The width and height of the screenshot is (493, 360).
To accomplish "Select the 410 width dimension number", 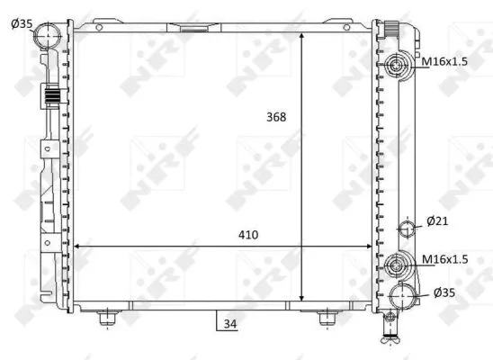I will (248, 235).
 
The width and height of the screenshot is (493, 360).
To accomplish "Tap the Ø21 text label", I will (437, 221).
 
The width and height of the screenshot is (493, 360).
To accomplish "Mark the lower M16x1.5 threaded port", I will (398, 266).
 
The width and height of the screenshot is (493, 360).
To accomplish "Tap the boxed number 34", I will (230, 324).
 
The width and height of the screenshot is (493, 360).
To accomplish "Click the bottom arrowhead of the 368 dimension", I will (302, 297).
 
